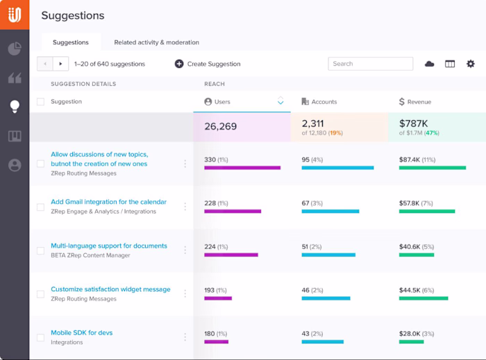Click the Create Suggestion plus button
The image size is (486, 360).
click(179, 64)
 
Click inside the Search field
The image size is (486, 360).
click(370, 64)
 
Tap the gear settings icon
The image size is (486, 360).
click(471, 64)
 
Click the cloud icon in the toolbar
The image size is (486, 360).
click(429, 64)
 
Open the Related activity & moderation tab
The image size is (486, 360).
click(156, 42)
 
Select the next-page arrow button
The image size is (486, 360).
click(61, 64)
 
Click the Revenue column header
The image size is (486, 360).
click(415, 101)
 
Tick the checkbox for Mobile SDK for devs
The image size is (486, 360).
click(40, 337)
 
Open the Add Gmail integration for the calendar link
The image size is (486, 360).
click(108, 202)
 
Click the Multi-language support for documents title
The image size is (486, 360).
click(109, 246)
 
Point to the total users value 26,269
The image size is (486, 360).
click(220, 126)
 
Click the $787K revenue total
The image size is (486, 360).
click(414, 123)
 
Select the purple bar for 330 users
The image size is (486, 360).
click(242, 168)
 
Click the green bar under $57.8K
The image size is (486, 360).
click(427, 212)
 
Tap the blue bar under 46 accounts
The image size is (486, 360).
click(326, 298)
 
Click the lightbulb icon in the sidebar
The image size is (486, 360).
click(15, 107)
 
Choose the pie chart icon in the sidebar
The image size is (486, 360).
click(15, 49)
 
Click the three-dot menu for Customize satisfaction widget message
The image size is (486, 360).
click(185, 293)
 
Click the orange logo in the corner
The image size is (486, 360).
click(15, 15)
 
